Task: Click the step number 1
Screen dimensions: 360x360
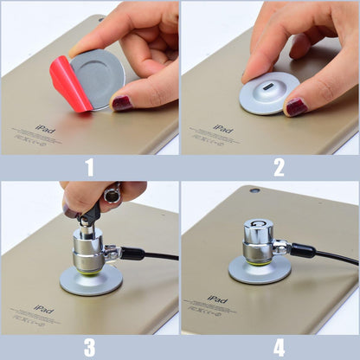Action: pos(89,167)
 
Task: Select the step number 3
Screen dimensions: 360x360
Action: pos(89,348)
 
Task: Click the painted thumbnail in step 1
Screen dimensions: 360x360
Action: pos(122,103)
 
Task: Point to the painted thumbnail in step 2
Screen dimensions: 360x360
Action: pos(297,107)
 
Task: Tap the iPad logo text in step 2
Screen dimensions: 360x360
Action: pos(222,127)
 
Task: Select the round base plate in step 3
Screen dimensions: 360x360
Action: pos(91,280)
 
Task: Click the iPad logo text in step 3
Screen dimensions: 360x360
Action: pos(42,307)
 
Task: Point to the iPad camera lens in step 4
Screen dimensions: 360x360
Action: pos(254,190)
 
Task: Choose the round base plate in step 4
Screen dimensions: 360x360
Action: pos(260,270)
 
